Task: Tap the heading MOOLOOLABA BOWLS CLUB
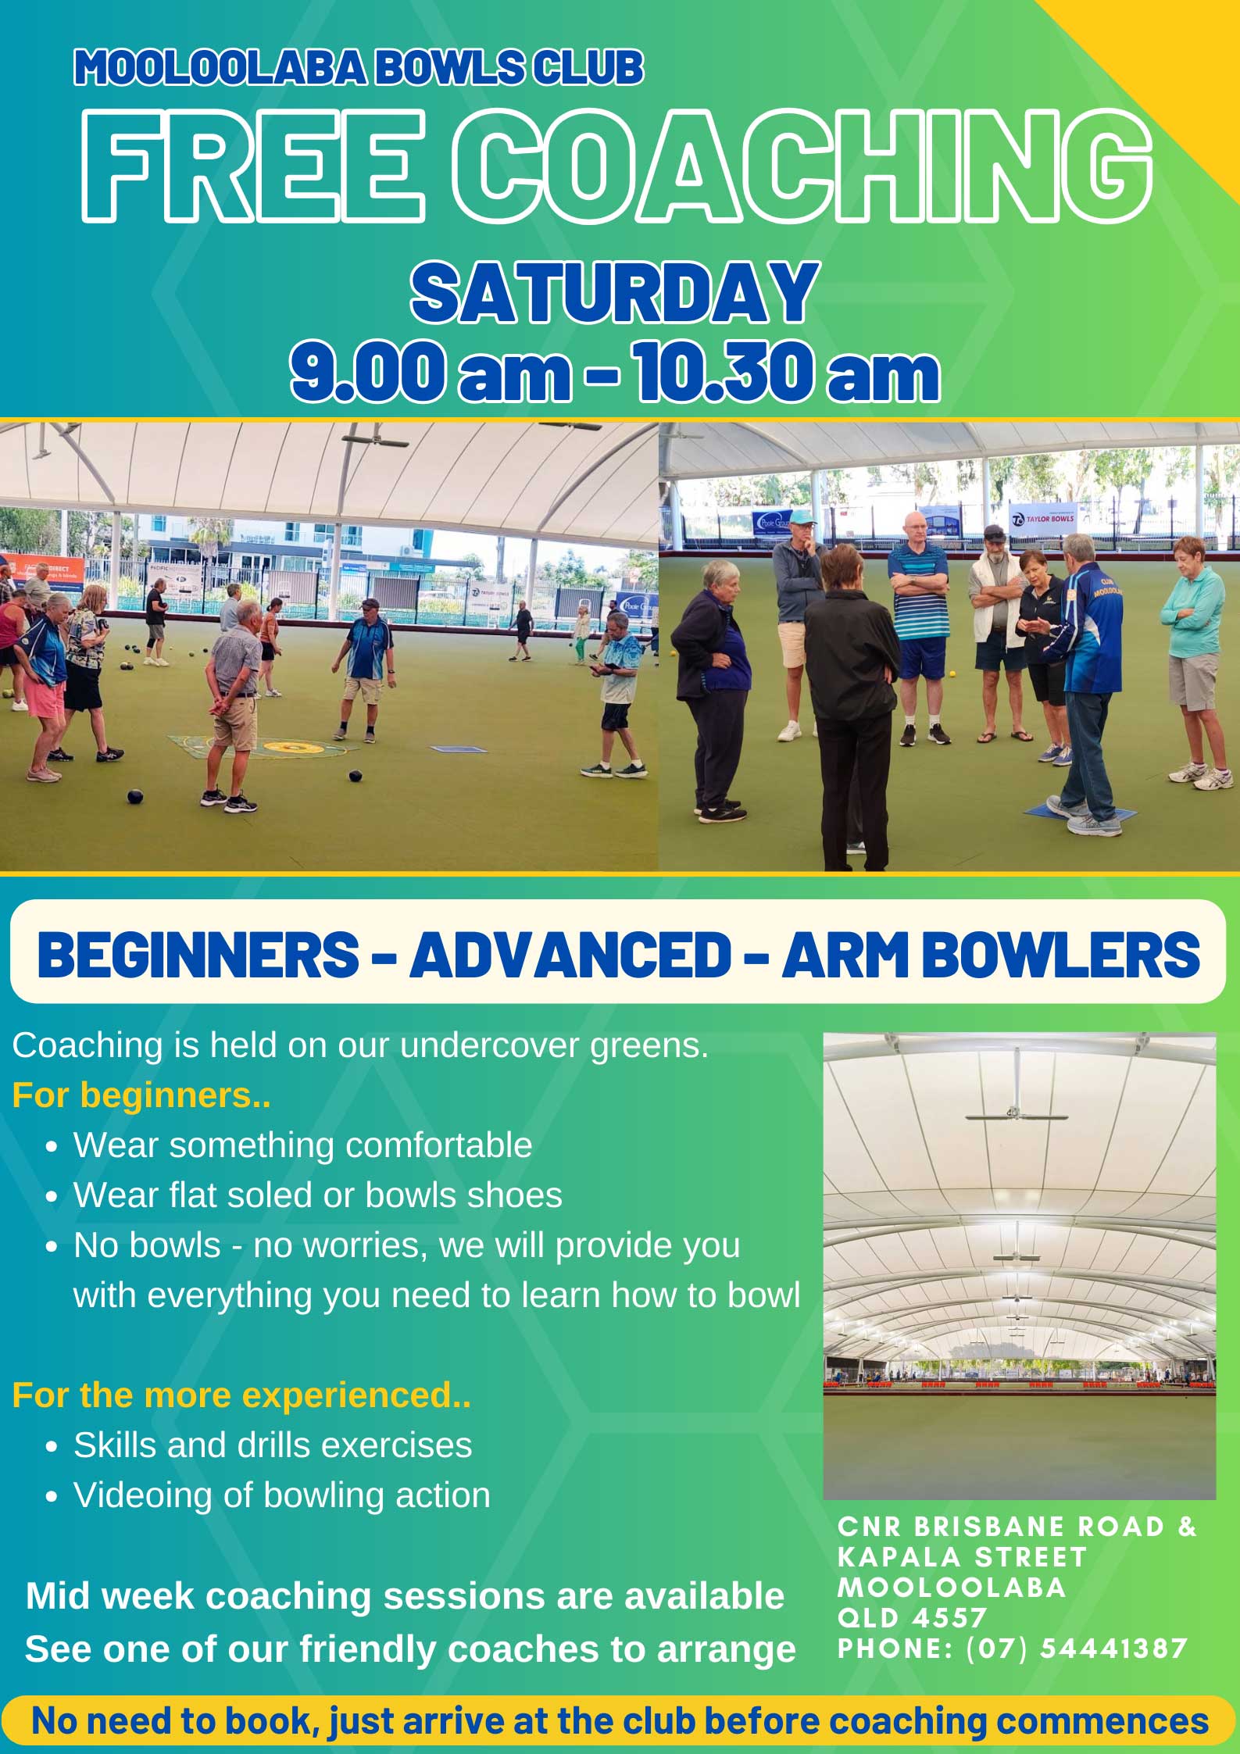359,67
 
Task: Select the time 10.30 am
786,372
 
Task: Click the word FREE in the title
253,163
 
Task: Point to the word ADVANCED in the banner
570,954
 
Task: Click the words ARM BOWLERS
991,954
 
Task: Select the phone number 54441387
1113,1648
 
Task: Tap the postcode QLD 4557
913,1617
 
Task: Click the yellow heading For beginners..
141,1095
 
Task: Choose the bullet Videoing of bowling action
282,1495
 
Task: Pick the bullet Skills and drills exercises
273,1445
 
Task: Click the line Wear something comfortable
303,1145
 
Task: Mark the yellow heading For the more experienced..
241,1395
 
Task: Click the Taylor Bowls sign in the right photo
1043,518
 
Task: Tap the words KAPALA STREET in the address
962,1557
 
